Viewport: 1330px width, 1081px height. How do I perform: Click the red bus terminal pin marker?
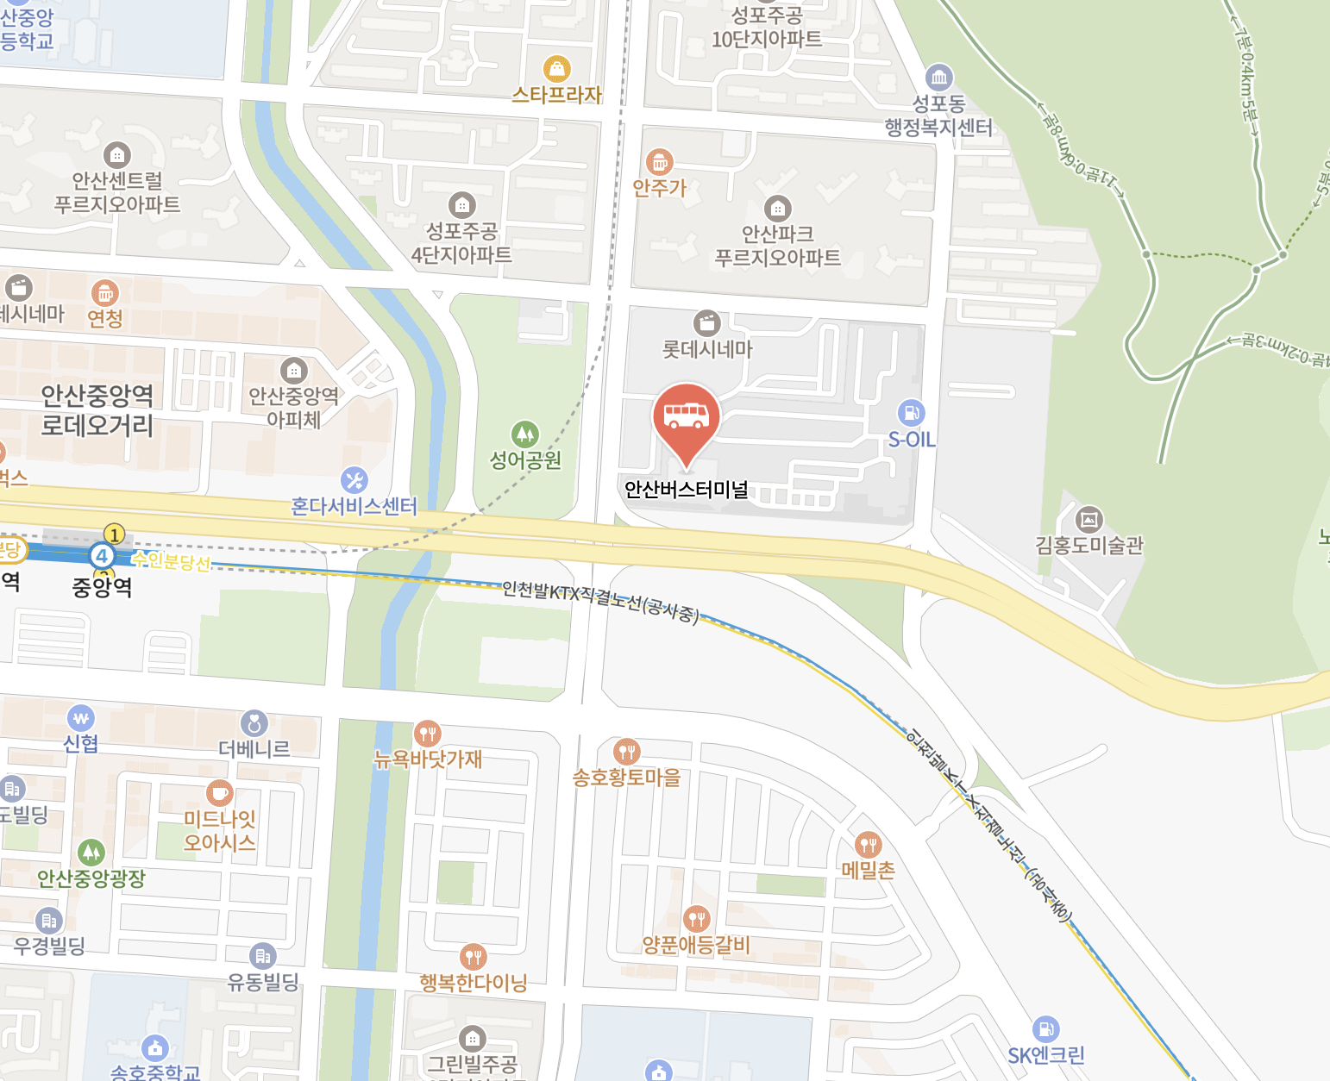tap(687, 417)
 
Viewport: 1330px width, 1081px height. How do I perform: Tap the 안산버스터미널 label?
tap(687, 490)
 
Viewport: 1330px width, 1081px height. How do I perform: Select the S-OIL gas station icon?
tap(911, 413)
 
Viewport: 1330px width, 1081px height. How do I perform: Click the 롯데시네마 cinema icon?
tap(707, 323)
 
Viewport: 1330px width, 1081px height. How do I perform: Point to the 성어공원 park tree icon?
tap(525, 434)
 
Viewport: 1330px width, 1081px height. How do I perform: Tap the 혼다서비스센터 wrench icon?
tap(354, 480)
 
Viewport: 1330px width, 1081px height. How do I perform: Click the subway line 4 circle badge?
tap(102, 555)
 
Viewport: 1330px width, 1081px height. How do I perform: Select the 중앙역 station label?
tap(102, 588)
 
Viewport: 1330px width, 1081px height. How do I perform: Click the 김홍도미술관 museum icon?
tap(1089, 519)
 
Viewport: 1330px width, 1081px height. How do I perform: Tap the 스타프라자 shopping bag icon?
tap(557, 68)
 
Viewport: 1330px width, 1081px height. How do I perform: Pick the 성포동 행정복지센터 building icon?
tap(939, 78)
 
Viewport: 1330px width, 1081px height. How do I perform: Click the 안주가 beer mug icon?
tap(660, 161)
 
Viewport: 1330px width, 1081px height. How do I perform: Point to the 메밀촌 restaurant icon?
tap(868, 845)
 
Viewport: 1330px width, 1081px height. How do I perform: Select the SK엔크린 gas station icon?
tap(1045, 1028)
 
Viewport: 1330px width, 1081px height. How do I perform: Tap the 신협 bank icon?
tap(81, 717)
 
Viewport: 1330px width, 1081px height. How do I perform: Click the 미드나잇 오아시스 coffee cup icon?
tap(220, 792)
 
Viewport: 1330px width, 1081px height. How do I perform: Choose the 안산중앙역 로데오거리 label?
tap(97, 410)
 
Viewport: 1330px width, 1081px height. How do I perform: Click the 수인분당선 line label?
tap(172, 562)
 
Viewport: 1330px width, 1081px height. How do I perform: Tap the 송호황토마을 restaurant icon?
tap(627, 752)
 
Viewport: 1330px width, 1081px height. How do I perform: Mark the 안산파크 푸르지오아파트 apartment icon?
tap(778, 208)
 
